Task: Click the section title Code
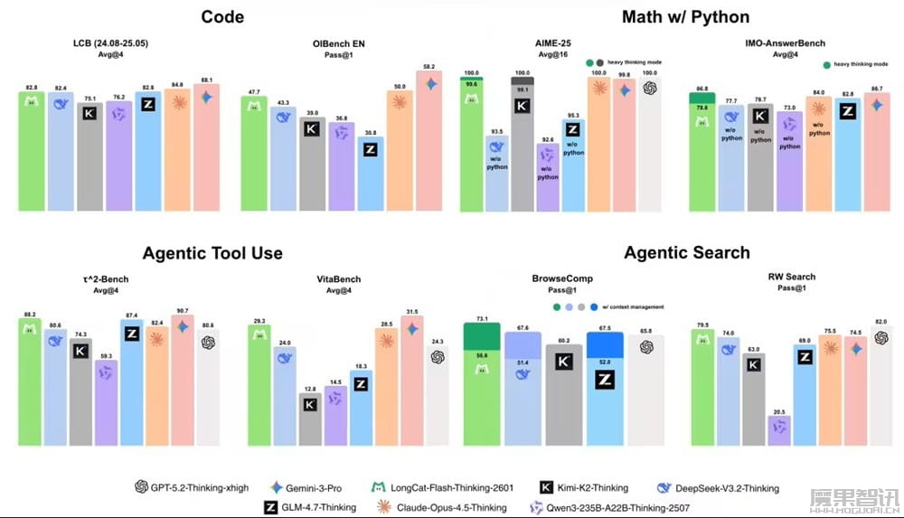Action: point(221,16)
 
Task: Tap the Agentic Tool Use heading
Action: point(212,253)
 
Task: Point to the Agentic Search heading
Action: point(687,253)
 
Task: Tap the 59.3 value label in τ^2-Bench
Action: point(107,355)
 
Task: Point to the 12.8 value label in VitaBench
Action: point(310,389)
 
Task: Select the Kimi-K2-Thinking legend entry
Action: point(588,487)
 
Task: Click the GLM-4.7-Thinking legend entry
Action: point(311,507)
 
